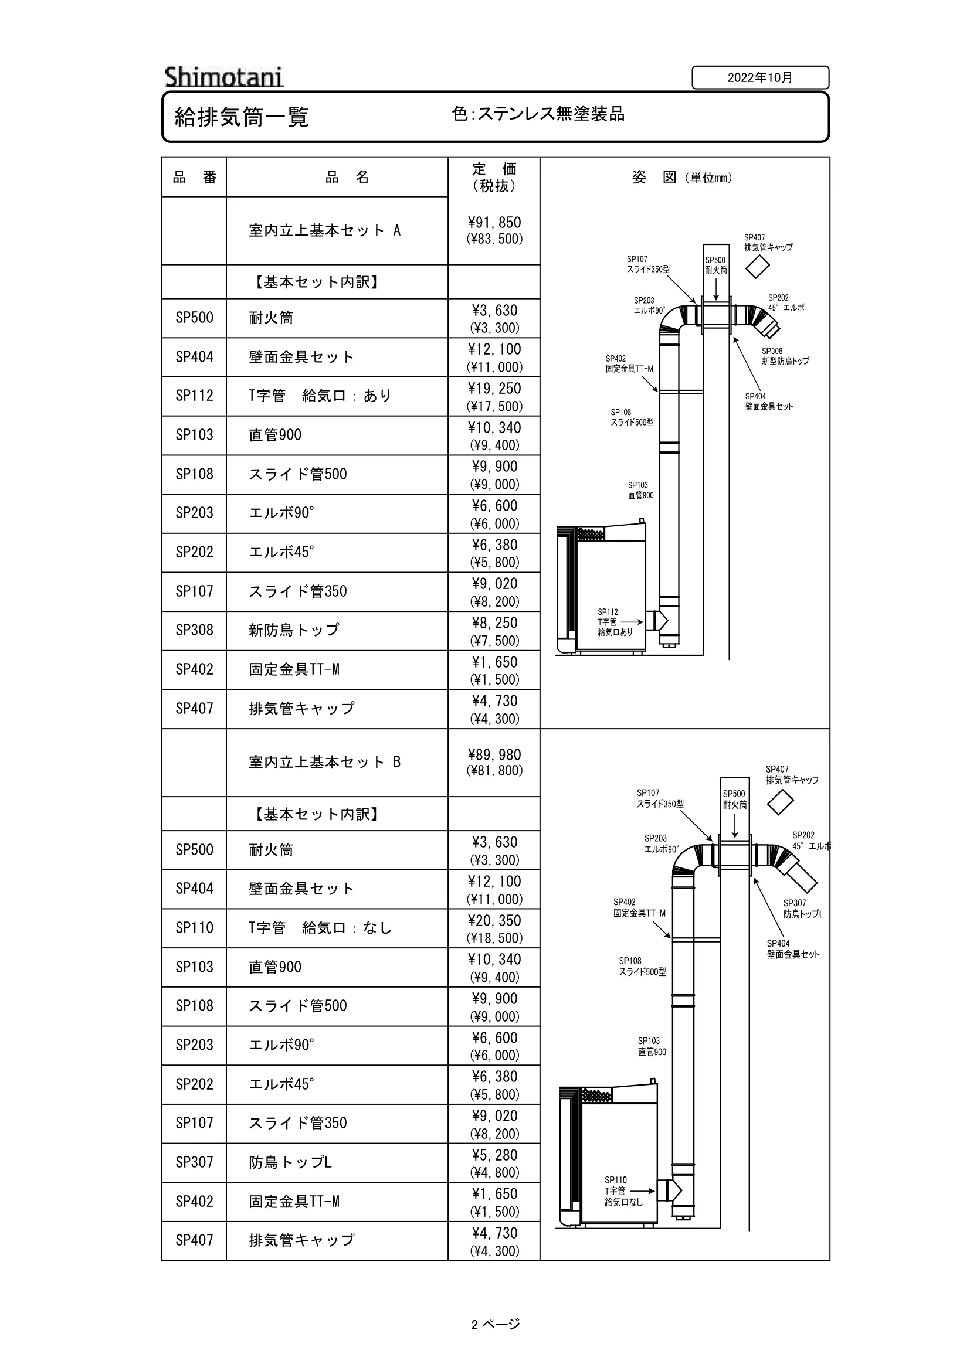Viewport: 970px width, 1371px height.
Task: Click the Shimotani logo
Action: tap(224, 77)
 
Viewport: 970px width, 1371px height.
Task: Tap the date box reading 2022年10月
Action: tap(761, 77)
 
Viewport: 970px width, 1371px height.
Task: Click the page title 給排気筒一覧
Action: tap(241, 117)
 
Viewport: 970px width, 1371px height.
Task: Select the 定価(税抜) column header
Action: tap(494, 178)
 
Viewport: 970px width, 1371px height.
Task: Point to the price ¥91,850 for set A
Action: tap(494, 223)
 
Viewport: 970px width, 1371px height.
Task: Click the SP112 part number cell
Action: tap(194, 396)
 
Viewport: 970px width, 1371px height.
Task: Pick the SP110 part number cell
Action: tap(194, 927)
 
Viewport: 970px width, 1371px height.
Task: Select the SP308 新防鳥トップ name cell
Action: tap(337, 631)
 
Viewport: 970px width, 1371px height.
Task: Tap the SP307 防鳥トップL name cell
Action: tap(337, 1162)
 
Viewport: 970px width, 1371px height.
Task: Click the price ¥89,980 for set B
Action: tap(494, 755)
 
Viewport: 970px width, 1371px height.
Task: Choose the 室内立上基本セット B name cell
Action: tap(337, 762)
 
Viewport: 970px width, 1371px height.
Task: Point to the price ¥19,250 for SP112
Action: tap(494, 389)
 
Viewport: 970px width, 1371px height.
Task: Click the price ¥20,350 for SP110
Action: tap(494, 920)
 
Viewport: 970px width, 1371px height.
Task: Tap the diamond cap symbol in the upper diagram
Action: tap(757, 266)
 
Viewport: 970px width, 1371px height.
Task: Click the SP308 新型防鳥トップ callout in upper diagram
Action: tap(785, 356)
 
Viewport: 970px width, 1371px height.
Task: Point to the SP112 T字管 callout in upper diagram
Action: tap(615, 621)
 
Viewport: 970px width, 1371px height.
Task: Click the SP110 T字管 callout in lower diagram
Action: tap(623, 1191)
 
